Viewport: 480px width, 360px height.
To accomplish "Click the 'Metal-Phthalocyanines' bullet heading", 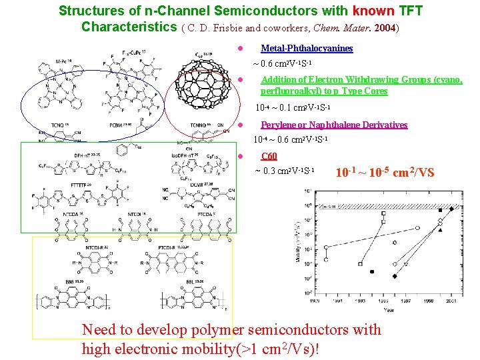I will coord(307,49).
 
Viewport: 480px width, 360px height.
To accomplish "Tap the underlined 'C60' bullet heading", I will coord(269,156).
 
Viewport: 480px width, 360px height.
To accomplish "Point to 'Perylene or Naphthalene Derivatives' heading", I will coord(334,125).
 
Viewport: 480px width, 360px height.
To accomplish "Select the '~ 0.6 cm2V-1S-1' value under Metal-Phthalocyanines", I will coord(280,64).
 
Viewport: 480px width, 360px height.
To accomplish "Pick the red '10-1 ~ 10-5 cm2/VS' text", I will coord(385,173).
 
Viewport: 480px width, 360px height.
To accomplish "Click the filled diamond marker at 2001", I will coord(451,209).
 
